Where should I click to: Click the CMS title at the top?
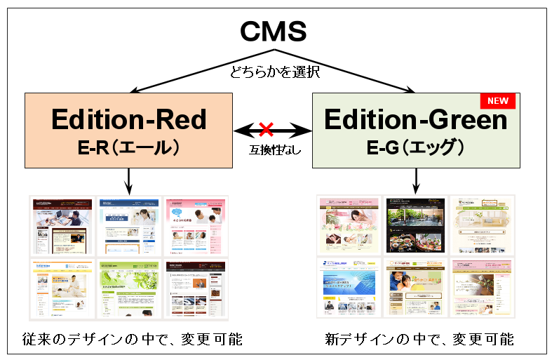click(x=274, y=32)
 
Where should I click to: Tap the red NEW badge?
click(x=497, y=101)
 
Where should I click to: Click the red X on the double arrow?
click(x=266, y=128)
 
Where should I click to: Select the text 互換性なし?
click(x=271, y=149)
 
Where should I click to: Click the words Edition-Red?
click(x=129, y=119)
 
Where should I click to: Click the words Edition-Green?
click(x=416, y=119)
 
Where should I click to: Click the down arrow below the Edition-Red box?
click(x=129, y=181)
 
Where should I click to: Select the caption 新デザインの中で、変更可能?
click(x=419, y=340)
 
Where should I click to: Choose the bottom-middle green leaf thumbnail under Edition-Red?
click(x=128, y=290)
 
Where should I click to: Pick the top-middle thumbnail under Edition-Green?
click(x=415, y=225)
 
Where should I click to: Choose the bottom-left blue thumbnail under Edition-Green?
click(x=349, y=287)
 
